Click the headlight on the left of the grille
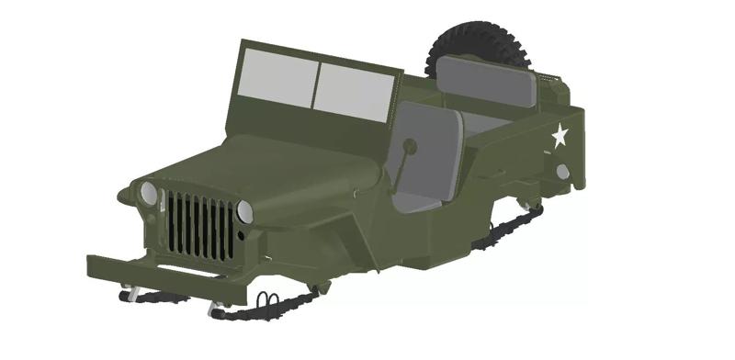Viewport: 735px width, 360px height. tap(148, 193)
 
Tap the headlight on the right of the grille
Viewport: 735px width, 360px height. tap(244, 211)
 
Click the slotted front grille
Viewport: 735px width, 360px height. tap(200, 226)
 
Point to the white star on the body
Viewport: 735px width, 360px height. tap(560, 137)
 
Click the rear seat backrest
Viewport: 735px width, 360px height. tap(486, 80)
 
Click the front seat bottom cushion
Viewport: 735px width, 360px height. tap(419, 201)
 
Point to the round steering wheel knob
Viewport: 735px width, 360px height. tap(410, 145)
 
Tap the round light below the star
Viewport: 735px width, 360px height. tap(562, 172)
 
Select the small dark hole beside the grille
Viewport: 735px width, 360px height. tap(241, 236)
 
